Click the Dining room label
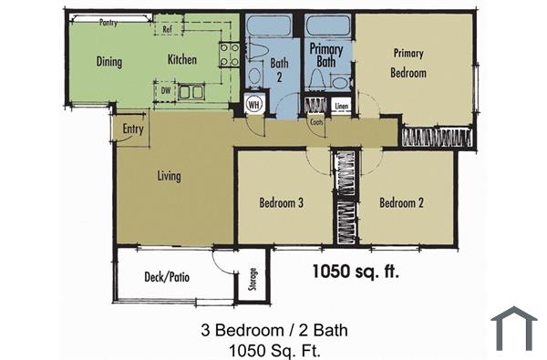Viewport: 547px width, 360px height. pyautogui.click(x=109, y=62)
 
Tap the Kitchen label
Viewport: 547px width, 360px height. pyautogui.click(x=182, y=60)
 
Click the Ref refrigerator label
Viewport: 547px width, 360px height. pyautogui.click(x=168, y=29)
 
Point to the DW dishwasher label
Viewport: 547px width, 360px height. pyautogui.click(x=167, y=90)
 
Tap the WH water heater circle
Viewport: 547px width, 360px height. pyautogui.click(x=254, y=105)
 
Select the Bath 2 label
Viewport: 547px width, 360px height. pyautogui.click(x=279, y=70)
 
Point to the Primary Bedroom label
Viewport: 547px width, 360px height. pyautogui.click(x=408, y=62)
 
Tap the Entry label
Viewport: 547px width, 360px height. pyautogui.click(x=133, y=129)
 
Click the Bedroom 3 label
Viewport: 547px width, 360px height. pyautogui.click(x=281, y=203)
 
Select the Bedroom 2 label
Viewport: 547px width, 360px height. pyautogui.click(x=401, y=203)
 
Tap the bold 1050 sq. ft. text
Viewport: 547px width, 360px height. pyautogui.click(x=356, y=271)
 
